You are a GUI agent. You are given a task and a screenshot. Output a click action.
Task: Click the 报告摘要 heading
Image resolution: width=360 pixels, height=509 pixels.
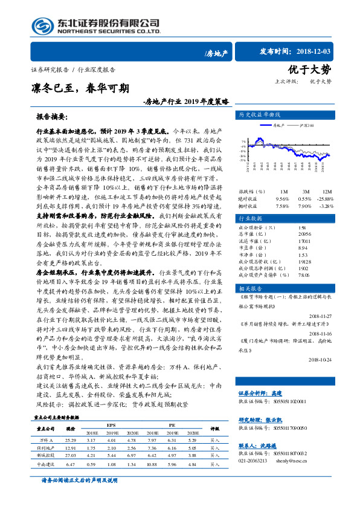[52, 115]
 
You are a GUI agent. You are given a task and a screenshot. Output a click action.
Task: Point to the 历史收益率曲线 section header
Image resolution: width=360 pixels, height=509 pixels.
[260, 114]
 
